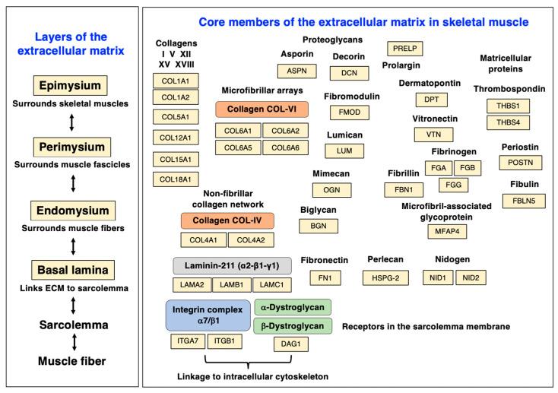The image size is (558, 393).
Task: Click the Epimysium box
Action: point(71,84)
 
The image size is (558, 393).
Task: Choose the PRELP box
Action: point(404,49)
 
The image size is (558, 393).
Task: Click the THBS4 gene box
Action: point(508,122)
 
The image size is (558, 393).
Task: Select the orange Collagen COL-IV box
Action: point(227,221)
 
